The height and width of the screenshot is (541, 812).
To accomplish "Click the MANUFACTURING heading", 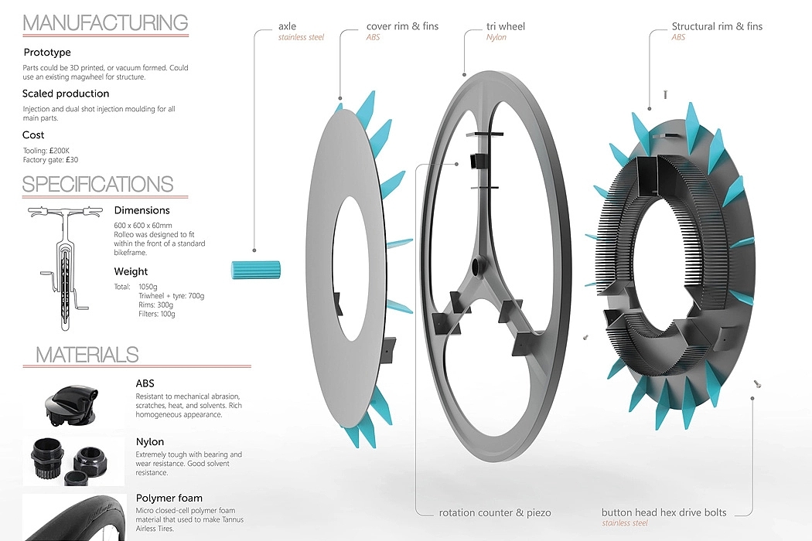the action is pos(105,22).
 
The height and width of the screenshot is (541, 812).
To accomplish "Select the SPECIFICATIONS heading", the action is pos(98,184).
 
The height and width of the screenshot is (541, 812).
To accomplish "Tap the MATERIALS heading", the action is pos(87,355).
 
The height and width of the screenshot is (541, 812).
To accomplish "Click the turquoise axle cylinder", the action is pos(255,270).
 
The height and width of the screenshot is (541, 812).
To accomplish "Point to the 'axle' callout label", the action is pos(288,26).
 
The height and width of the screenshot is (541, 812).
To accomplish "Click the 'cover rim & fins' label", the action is pos(402,26).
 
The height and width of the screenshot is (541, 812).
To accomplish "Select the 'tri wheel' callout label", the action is pos(506,26).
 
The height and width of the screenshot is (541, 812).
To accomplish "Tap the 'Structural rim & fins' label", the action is pos(717,26).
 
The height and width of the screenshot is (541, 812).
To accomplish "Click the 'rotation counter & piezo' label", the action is pos(495,512).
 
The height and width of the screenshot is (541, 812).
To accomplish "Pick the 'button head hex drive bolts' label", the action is pos(664,512).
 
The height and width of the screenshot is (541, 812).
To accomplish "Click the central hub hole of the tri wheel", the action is pos(477,268).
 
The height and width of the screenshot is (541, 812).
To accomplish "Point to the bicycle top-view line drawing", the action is pos(65,267).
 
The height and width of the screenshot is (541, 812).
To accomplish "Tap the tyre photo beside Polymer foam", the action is pos(74,517).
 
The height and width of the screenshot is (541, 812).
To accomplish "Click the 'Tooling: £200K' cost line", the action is pos(46,151).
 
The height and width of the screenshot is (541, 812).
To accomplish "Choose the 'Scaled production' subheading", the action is pos(66,94).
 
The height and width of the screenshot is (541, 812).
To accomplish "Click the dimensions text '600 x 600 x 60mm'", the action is pos(143,225).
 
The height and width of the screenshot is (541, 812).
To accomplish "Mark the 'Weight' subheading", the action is pos(131,271).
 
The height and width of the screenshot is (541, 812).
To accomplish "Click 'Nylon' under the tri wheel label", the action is pos(496,37).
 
